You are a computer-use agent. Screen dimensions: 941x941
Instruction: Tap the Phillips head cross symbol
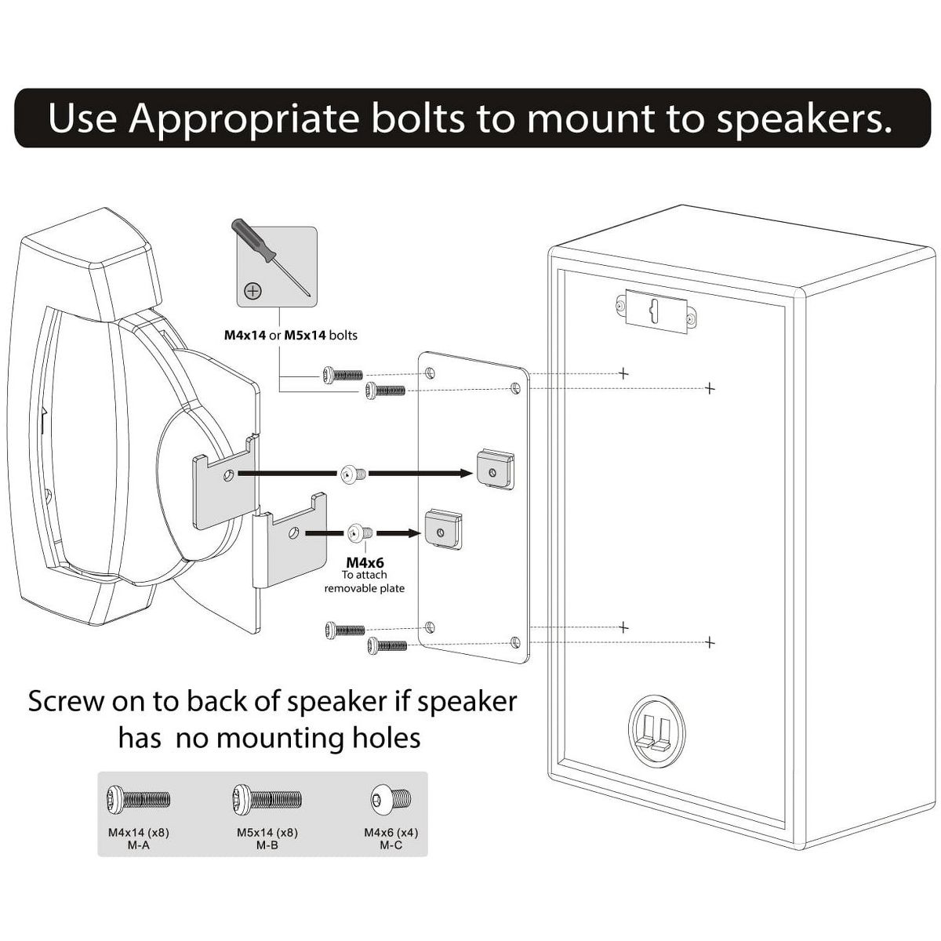(253, 292)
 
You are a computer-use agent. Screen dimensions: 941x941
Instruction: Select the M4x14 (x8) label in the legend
(138, 832)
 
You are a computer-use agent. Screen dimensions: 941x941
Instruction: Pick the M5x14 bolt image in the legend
(267, 799)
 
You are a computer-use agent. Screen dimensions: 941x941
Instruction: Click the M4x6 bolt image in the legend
(391, 799)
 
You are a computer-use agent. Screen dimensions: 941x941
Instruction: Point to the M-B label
(267, 845)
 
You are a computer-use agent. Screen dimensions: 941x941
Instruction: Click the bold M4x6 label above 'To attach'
(365, 562)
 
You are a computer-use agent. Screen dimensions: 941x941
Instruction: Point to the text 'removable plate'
(365, 588)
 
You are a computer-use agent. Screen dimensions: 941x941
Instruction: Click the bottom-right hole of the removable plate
(515, 643)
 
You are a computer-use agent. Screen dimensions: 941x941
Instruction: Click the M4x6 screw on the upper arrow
(352, 474)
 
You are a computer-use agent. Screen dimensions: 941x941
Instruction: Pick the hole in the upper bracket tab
(227, 474)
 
